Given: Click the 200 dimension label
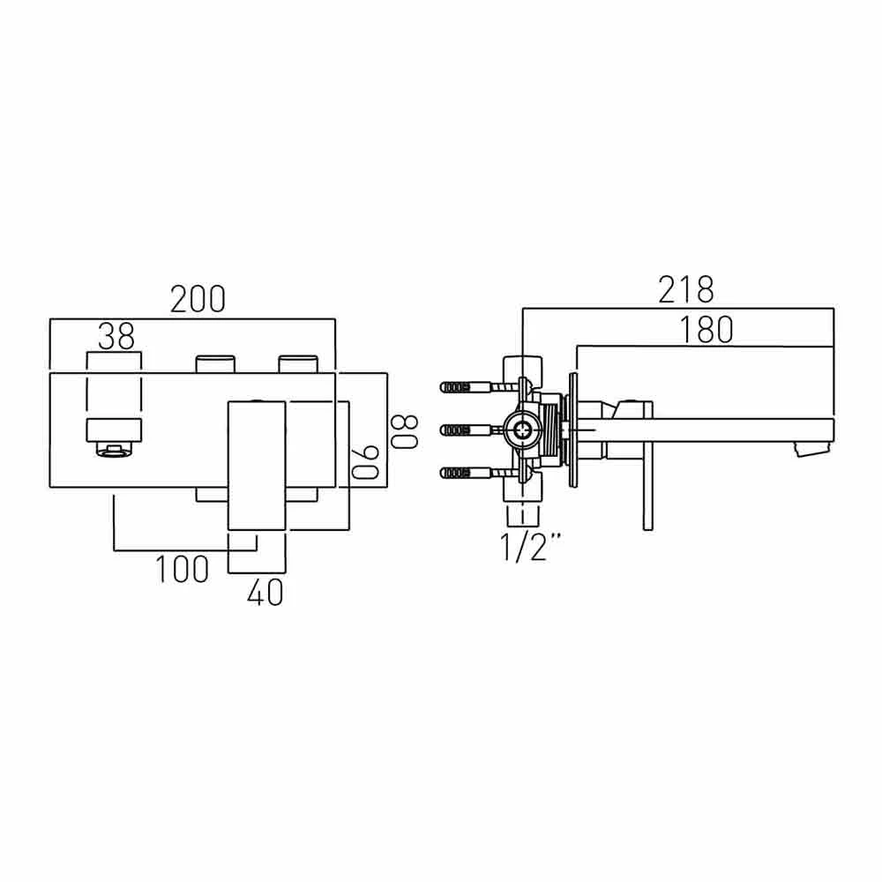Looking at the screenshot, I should pos(198,300).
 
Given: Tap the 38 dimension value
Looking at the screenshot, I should pos(116,336).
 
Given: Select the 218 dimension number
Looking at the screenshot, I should pos(684,289).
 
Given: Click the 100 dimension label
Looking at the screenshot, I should pos(183,569).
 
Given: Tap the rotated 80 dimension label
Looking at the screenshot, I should pos(404,429).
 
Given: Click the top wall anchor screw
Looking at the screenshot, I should pos(467,387).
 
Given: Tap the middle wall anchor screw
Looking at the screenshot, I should pos(467,430).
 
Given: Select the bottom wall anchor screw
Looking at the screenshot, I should pos(467,473).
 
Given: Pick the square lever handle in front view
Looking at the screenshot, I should pos(257,465).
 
